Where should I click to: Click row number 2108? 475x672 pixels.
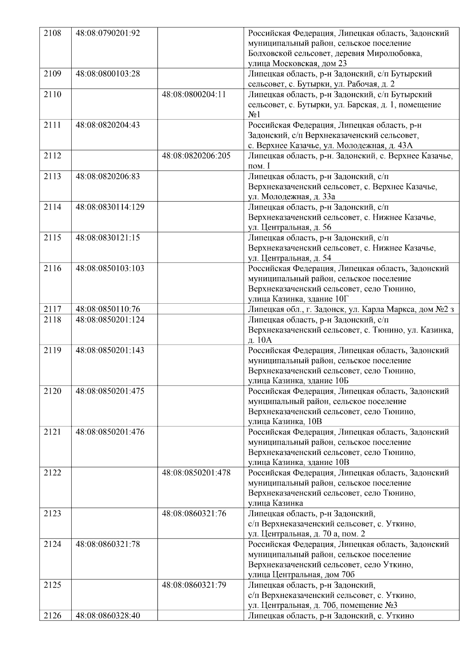52,33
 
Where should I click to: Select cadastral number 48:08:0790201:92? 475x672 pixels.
108,33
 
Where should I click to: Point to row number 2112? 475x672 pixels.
52,156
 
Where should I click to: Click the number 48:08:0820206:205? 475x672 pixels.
196,156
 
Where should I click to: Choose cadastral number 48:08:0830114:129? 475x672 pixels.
110,207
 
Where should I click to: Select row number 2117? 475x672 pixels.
52,309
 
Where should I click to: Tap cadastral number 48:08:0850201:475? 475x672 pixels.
110,391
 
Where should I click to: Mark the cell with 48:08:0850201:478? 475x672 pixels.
196,473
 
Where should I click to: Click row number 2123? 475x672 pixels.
52,514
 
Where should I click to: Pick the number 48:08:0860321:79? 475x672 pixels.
194,585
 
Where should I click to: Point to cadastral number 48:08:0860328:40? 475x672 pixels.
108,616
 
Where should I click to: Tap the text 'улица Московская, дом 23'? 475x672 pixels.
297,63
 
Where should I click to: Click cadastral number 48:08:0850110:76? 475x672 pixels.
108,309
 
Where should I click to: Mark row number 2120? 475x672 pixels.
52,391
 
